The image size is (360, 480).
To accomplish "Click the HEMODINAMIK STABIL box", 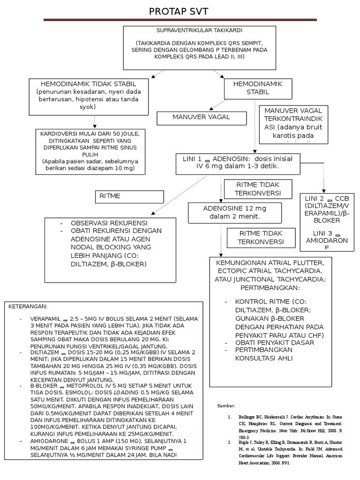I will click(x=258, y=88).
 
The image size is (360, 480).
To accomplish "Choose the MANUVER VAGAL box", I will click(x=201, y=118).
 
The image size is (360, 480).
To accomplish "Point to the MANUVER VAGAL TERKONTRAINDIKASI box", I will click(x=293, y=124).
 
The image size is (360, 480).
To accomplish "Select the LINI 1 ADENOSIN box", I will click(x=237, y=162).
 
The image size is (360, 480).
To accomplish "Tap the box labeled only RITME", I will click(x=129, y=196).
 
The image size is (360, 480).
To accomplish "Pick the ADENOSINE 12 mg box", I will click(x=234, y=212).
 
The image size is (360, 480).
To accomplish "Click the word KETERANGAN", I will click(x=28, y=306).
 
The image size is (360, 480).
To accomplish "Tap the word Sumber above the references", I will click(x=227, y=405).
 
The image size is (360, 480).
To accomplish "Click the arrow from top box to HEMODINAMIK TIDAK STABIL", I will click(x=157, y=74).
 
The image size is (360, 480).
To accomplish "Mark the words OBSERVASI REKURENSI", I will click(x=109, y=223).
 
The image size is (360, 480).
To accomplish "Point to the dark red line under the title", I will click(x=180, y=20).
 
